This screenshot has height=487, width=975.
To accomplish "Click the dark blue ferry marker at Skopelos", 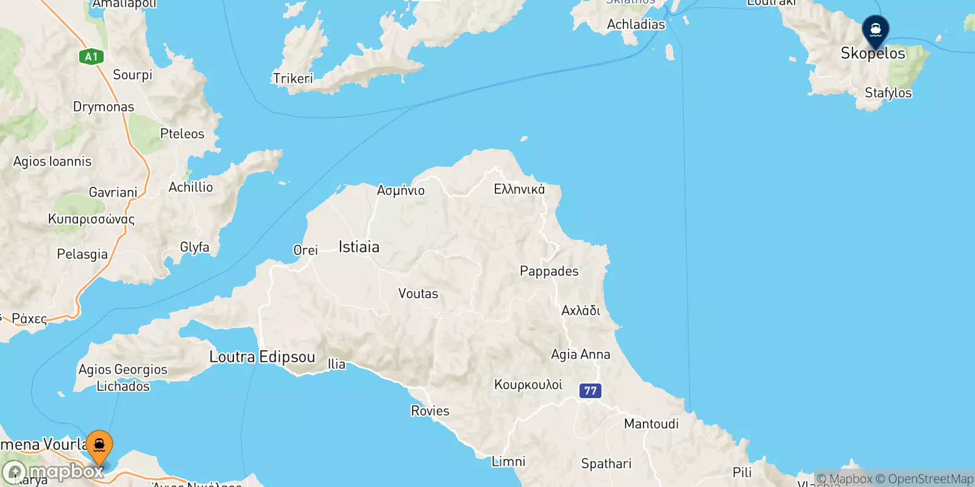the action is click(x=876, y=30).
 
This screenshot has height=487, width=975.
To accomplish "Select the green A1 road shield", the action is click(x=91, y=57).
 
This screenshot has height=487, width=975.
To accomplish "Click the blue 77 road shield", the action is click(x=590, y=390).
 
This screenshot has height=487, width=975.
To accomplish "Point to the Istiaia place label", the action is click(x=359, y=247).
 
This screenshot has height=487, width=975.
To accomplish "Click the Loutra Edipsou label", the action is click(x=262, y=357).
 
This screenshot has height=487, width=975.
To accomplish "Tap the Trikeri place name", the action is click(x=292, y=79).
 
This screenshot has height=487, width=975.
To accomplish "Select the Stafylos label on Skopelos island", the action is click(x=888, y=93).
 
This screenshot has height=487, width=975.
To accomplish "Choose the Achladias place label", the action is click(x=636, y=24).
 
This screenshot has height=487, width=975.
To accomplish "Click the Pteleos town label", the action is click(x=182, y=134).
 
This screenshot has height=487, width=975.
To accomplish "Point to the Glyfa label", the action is click(x=194, y=247).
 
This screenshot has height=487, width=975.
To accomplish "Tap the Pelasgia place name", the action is click(x=82, y=254).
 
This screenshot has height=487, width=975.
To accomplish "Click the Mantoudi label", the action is click(x=651, y=424).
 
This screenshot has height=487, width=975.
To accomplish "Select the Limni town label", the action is click(x=508, y=461).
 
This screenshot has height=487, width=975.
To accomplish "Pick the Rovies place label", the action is click(x=430, y=411).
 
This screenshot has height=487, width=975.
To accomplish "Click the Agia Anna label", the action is click(x=580, y=354).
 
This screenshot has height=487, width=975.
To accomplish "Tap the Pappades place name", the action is click(x=549, y=271).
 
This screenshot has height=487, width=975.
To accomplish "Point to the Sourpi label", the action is click(x=132, y=75).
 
